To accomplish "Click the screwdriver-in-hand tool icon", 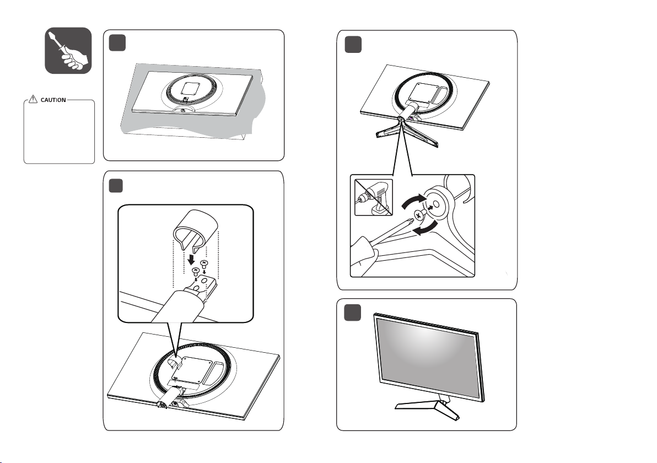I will click(x=68, y=50).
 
